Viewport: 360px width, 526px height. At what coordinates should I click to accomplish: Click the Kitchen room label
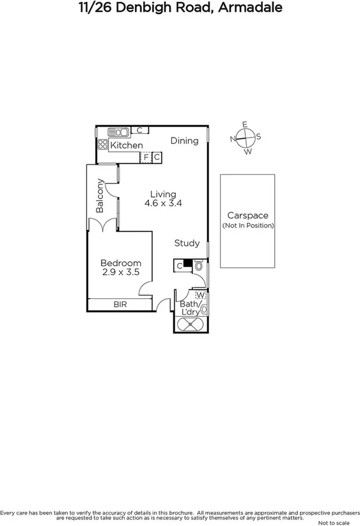[x=126, y=146]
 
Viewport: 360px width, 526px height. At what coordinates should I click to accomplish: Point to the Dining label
[x=184, y=141]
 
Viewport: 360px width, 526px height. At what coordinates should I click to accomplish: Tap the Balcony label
[x=100, y=195]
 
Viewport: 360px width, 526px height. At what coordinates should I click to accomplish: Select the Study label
[x=187, y=244]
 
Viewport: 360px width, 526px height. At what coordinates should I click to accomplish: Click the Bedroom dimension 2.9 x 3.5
[x=121, y=272]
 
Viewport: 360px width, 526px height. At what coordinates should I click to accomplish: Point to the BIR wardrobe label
[x=120, y=305]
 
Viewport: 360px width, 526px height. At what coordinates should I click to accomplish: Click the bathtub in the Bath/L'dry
[x=189, y=325]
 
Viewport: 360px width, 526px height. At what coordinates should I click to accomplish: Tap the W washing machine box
[x=200, y=295]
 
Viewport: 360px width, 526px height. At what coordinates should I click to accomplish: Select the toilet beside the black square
[x=198, y=265]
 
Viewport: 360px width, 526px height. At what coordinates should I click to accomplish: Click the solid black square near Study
[x=187, y=262]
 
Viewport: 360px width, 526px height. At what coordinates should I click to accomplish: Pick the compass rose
[x=245, y=138]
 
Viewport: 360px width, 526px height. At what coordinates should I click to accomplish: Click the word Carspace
[x=247, y=216]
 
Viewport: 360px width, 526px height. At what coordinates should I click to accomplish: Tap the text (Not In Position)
[x=247, y=226]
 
